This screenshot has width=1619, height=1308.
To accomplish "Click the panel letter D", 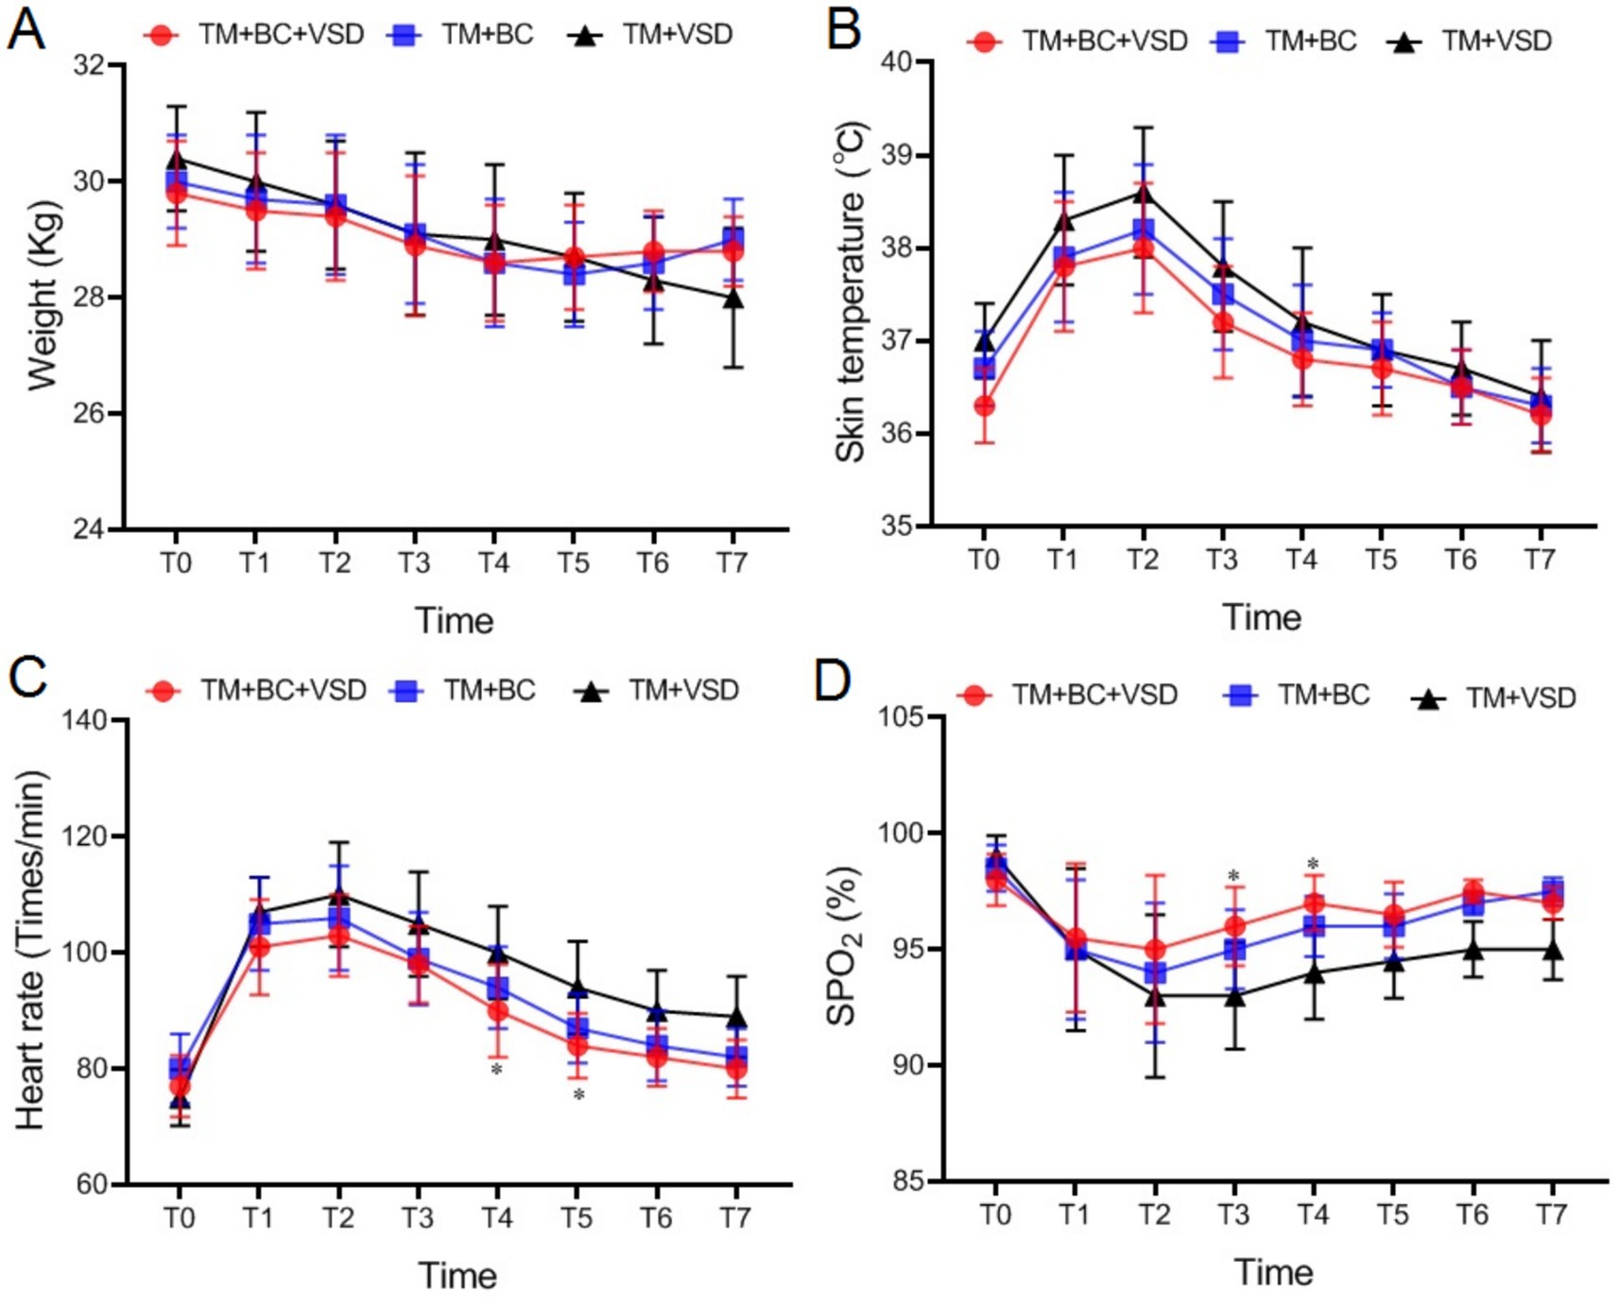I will (833, 680).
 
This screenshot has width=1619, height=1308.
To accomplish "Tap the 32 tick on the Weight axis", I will (90, 65).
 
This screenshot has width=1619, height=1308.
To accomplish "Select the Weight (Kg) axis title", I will (43, 295).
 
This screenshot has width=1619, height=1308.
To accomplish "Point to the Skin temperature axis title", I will (850, 292).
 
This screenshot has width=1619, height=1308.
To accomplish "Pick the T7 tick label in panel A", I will (731, 563).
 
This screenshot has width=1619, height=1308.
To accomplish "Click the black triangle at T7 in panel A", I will (732, 299).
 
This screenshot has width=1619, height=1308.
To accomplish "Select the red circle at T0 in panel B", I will (984, 405).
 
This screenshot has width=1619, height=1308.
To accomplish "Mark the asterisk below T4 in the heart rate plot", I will (495, 1069).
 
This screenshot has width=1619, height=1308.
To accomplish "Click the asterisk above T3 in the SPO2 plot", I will (1233, 876).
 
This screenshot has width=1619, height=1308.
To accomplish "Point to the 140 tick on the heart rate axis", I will (85, 721).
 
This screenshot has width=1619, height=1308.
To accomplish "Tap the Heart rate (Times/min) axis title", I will (30, 950).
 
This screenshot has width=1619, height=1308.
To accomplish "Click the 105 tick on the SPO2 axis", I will (901, 716).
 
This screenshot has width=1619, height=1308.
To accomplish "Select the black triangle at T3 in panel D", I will (1233, 995).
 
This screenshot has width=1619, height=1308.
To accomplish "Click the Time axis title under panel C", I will (457, 1275).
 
